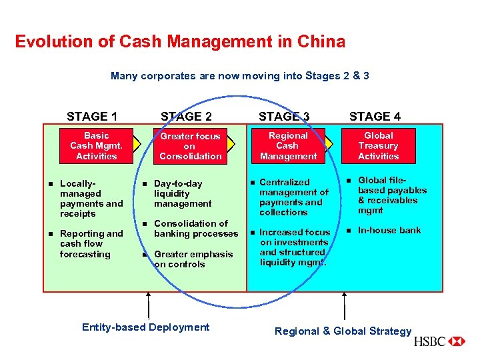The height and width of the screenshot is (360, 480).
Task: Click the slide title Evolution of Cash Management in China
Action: click(x=180, y=42)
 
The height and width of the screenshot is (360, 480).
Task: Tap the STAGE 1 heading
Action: click(x=92, y=117)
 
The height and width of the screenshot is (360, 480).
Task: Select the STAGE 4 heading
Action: click(x=375, y=117)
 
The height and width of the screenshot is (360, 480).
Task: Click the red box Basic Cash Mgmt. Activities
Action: click(x=96, y=145)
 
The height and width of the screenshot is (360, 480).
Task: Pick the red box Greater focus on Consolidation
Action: click(x=190, y=146)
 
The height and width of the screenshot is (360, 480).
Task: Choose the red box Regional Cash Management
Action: click(x=288, y=145)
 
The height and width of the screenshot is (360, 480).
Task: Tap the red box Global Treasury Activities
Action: click(x=378, y=145)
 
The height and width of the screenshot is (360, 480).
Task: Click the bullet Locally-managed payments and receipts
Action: click(x=91, y=198)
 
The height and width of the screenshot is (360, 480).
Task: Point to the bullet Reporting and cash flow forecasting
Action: click(x=91, y=243)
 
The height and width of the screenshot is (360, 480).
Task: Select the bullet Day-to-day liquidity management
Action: click(x=182, y=193)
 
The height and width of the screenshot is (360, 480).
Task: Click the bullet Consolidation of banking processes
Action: click(x=195, y=229)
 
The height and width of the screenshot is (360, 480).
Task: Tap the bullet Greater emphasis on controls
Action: click(x=193, y=259)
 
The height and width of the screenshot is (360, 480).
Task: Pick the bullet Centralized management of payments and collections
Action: click(x=293, y=197)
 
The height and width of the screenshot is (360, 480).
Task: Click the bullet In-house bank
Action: click(x=389, y=230)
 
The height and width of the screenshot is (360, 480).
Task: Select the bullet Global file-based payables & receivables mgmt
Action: click(x=392, y=195)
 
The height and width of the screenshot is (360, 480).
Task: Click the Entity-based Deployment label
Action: click(x=145, y=327)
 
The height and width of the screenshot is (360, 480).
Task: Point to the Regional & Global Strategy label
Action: click(x=343, y=331)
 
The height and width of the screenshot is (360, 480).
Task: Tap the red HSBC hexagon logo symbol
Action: click(x=457, y=341)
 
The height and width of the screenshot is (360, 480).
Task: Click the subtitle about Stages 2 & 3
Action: click(x=240, y=76)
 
